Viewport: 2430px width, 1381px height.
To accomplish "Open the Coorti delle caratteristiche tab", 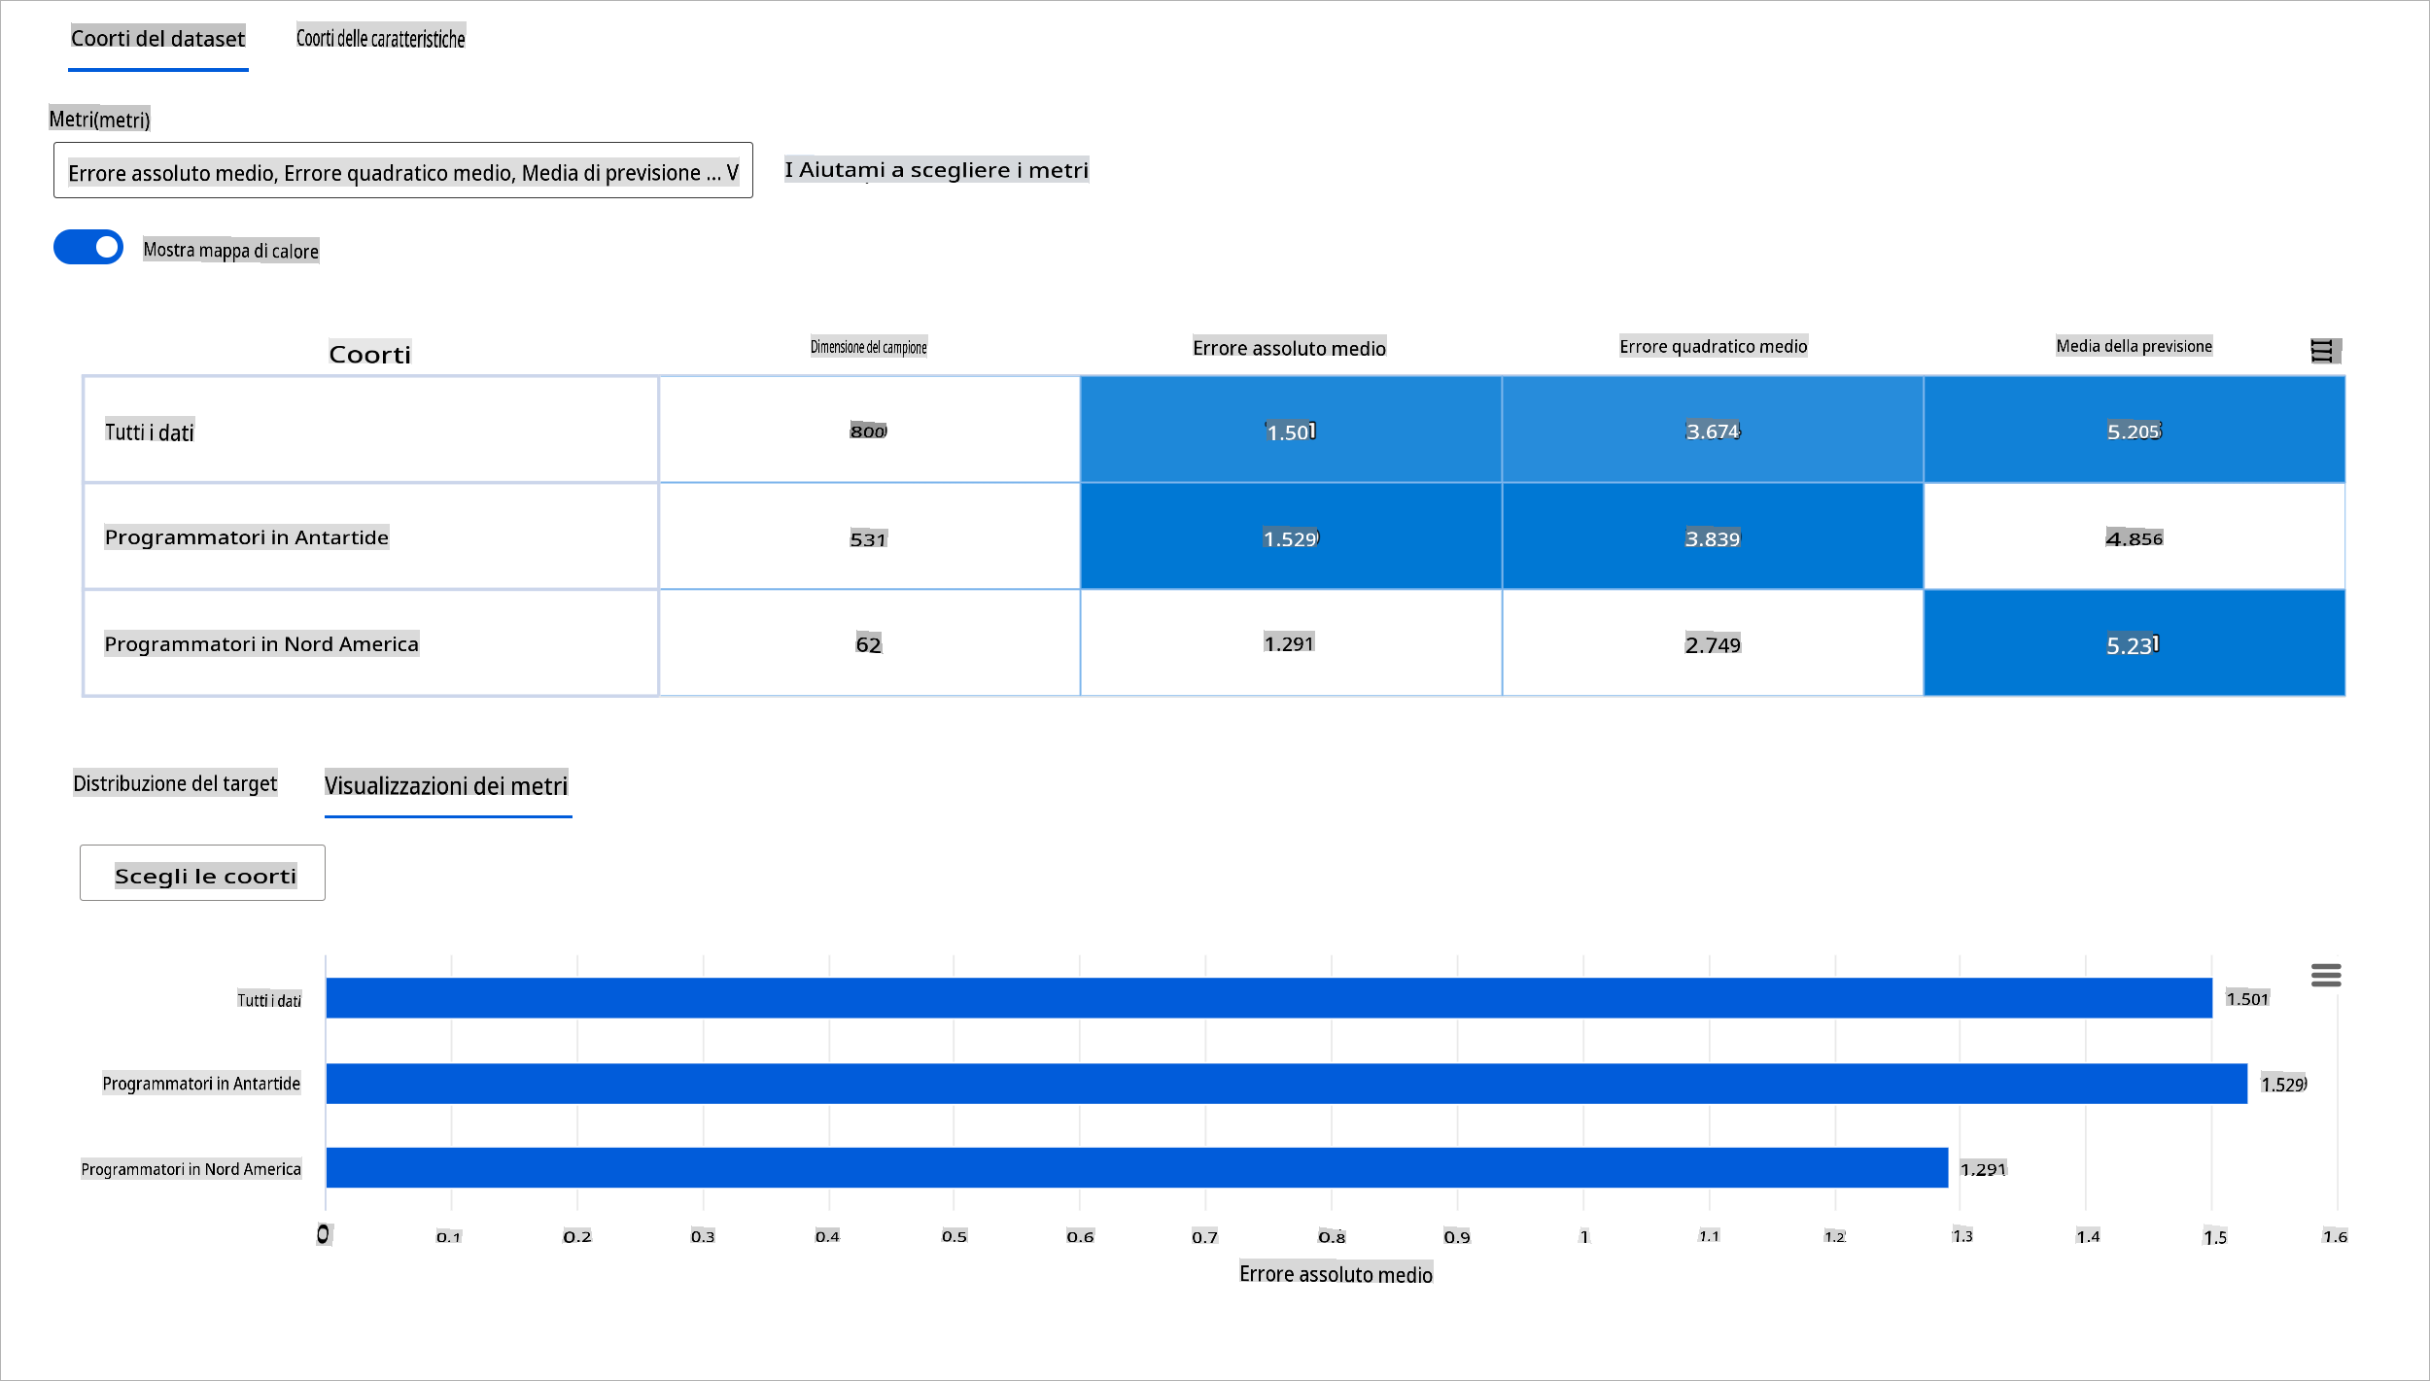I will [380, 39].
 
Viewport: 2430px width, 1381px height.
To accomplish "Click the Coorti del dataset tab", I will [157, 39].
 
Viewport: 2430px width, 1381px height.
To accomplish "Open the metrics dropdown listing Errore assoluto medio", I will [402, 171].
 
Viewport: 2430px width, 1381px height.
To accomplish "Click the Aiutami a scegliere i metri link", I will [936, 170].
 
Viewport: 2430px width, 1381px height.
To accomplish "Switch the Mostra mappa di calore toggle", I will [88, 247].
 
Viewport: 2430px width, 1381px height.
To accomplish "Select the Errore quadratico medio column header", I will [1713, 347].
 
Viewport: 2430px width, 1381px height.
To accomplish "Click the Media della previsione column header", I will [2134, 347].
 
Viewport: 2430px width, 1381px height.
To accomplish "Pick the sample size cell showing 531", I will [868, 538].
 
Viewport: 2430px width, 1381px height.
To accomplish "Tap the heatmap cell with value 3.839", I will [1712, 538].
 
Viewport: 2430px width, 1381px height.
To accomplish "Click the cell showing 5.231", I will [2133, 644].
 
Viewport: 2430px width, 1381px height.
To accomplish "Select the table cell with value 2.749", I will [1712, 644].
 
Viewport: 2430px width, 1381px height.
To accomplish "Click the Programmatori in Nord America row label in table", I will [261, 644].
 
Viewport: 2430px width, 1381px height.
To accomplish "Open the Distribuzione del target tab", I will [175, 783].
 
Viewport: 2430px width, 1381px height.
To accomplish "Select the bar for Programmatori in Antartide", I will [1285, 1084].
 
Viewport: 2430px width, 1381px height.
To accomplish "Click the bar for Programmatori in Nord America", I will [1135, 1168].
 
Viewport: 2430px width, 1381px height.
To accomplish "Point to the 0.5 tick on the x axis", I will [955, 1236].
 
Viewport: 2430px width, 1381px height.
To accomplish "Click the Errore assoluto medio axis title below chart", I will [1336, 1274].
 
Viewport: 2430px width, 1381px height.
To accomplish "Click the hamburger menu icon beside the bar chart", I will [2326, 975].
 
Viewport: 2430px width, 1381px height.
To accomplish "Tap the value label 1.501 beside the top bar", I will [2246, 999].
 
